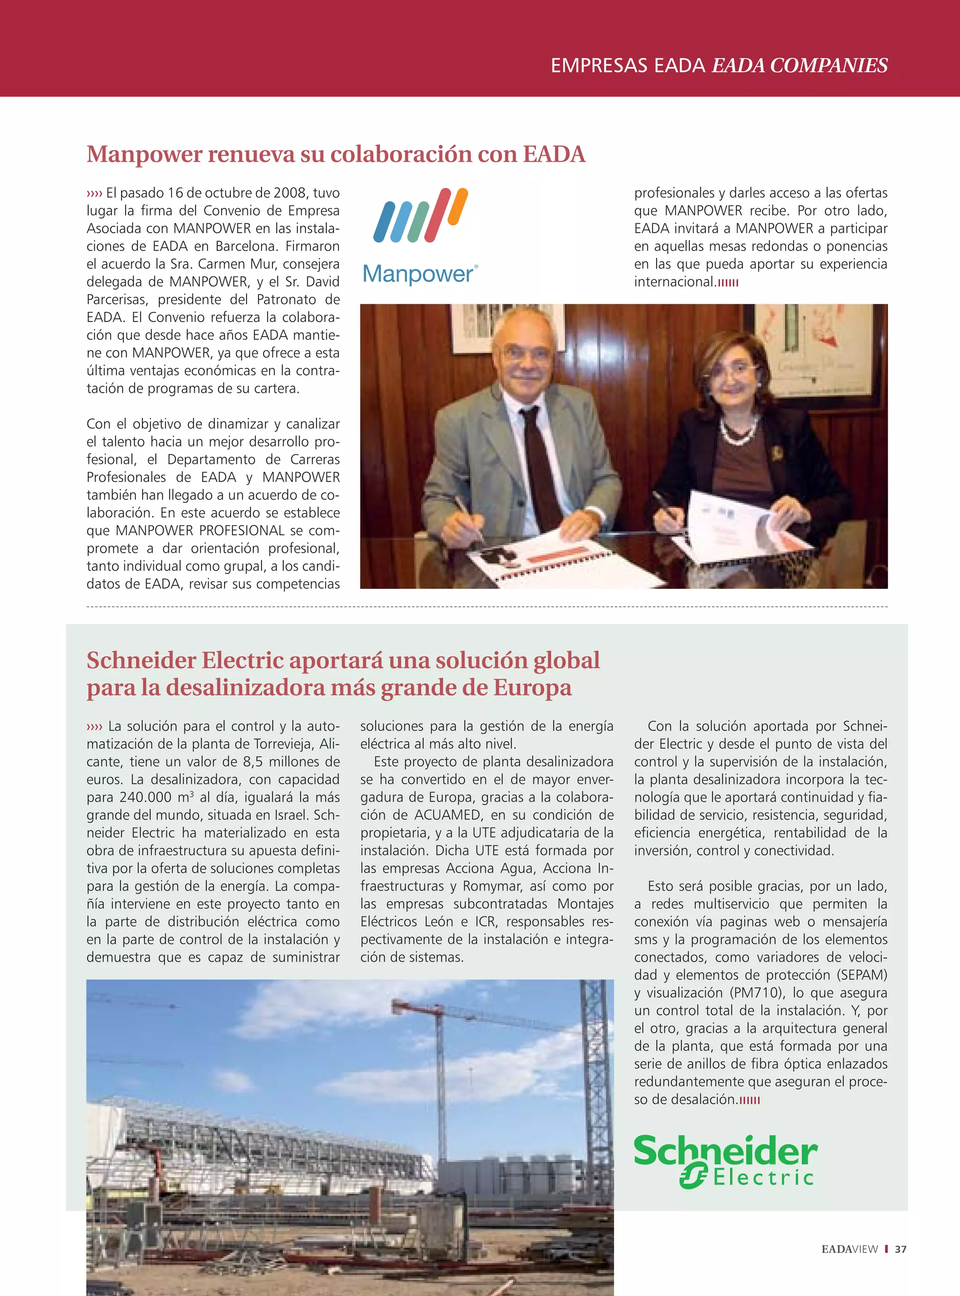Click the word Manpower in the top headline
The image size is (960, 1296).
[145, 155]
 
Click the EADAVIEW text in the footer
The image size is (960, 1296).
[849, 1249]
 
